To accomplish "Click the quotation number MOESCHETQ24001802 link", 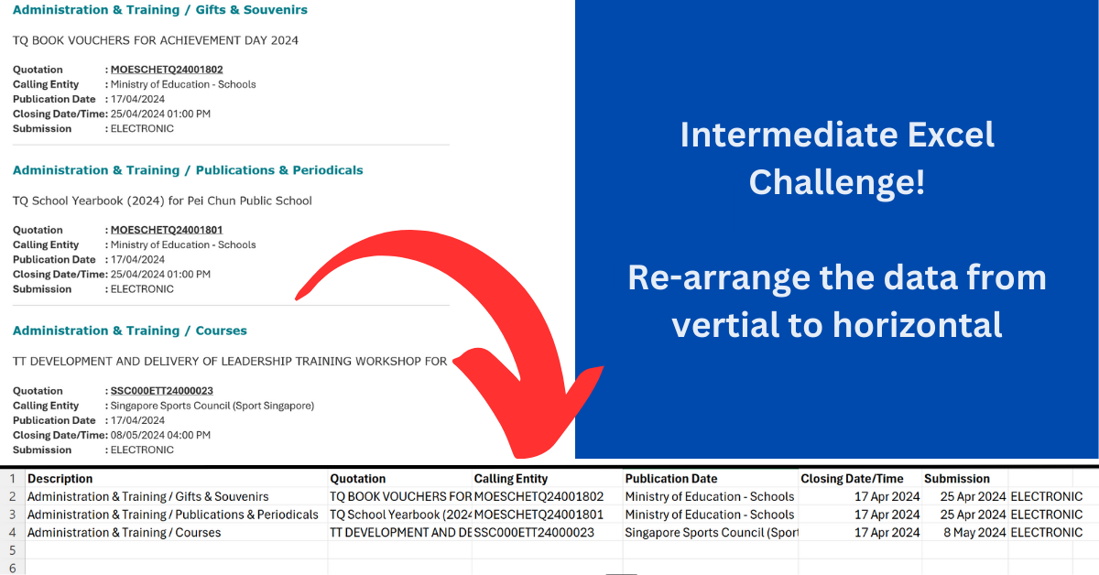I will [167, 70].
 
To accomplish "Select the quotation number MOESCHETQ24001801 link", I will [167, 230].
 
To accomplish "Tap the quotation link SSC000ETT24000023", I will [161, 391].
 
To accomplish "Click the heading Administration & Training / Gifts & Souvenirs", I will [160, 10].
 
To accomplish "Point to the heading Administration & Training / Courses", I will [130, 331].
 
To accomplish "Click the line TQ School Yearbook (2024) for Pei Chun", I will [162, 201].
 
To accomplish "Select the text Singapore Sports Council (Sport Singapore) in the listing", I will [212, 406].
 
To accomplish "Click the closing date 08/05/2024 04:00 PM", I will [160, 435].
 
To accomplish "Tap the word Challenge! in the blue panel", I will [836, 183].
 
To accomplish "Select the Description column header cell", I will [60, 479].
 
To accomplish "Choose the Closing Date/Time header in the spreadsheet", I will [852, 479].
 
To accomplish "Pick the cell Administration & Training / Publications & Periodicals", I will [173, 515].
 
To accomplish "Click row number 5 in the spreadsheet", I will [12, 550].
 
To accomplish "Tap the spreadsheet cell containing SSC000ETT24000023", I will [534, 533].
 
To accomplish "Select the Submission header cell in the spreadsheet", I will [957, 479].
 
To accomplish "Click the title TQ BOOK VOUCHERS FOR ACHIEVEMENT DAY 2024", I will [156, 40].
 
